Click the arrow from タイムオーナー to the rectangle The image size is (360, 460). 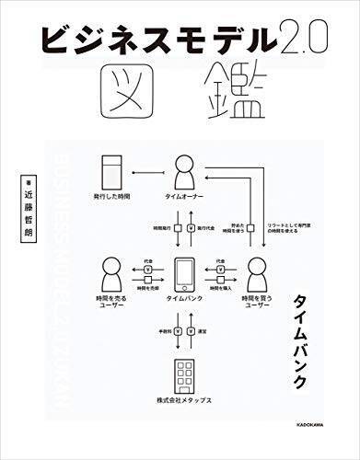146,172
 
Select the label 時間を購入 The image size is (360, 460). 221,285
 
